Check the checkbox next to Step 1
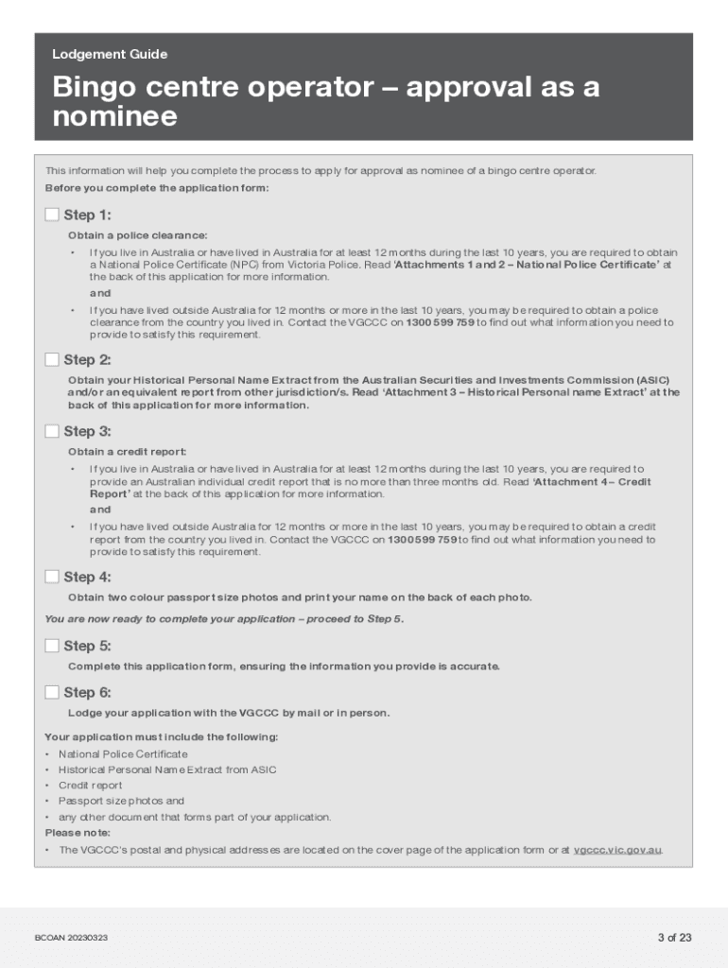click(52, 215)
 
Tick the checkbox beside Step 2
click(52, 359)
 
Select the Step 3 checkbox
click(52, 431)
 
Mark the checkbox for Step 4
click(52, 577)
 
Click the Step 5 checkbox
click(52, 646)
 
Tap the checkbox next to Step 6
click(52, 692)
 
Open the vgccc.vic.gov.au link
click(617, 850)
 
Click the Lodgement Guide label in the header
click(110, 55)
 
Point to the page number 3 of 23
click(675, 938)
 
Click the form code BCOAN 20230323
click(71, 938)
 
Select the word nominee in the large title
click(114, 117)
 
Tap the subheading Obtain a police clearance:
click(137, 235)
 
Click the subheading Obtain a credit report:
click(127, 452)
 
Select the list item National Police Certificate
click(123, 754)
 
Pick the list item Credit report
click(90, 786)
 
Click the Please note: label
click(78, 833)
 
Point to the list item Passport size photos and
click(121, 801)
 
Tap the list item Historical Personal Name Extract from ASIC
click(167, 769)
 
